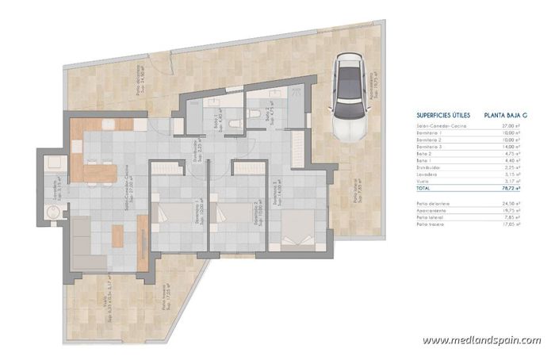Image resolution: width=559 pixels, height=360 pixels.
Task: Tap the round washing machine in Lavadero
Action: pos(54,212)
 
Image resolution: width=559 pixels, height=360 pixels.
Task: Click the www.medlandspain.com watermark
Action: pos(481,340)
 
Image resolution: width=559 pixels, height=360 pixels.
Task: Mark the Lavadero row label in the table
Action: pos(429,175)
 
